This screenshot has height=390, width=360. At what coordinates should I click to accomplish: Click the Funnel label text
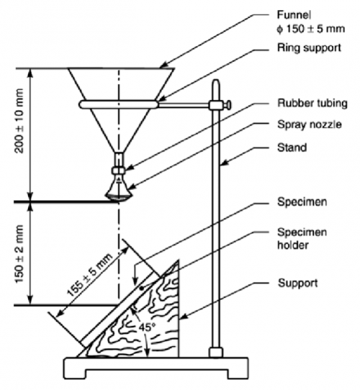[x=294, y=15]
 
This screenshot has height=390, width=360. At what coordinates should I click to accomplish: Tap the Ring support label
[x=309, y=47]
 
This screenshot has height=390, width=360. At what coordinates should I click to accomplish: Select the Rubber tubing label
[x=312, y=103]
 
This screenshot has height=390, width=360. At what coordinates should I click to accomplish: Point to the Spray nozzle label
[x=310, y=124]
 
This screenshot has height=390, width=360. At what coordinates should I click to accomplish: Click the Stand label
[x=292, y=148]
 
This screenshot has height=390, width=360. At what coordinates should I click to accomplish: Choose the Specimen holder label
[x=302, y=238]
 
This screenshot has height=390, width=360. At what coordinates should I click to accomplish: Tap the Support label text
[x=298, y=283]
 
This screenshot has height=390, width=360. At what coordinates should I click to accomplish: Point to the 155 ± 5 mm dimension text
[x=89, y=275]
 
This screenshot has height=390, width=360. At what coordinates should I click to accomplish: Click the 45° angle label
[x=147, y=327]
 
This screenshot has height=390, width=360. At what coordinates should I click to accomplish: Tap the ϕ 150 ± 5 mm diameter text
[x=310, y=29]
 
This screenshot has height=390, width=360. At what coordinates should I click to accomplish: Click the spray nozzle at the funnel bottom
[x=119, y=188]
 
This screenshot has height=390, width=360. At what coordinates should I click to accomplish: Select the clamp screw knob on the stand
[x=228, y=105]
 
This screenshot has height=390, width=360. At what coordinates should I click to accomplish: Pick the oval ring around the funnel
[x=119, y=104]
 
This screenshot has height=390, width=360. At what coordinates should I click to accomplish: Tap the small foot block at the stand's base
[x=215, y=353]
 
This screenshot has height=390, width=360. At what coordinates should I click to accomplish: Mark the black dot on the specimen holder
[x=141, y=289]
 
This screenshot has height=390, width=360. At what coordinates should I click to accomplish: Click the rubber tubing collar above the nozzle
[x=119, y=171]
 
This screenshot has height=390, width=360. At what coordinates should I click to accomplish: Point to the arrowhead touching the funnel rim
[x=163, y=65]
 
